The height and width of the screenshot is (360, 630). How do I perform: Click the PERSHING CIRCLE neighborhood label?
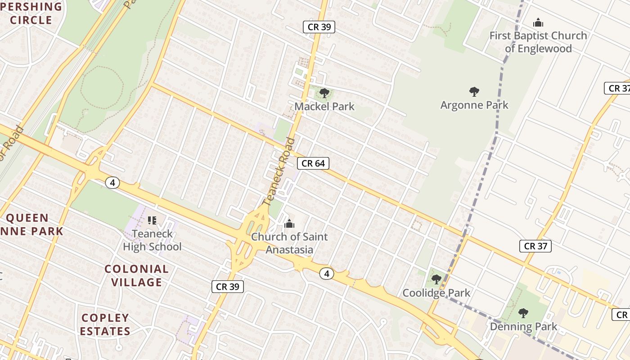click(x=31, y=13)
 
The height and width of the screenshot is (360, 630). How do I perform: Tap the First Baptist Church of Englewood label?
click(x=538, y=42)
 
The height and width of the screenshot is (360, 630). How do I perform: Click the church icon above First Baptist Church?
click(x=538, y=22)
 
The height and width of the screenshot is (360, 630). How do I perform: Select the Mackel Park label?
click(x=324, y=107)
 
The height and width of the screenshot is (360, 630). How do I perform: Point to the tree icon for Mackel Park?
click(x=324, y=93)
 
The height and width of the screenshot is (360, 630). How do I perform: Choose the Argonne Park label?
click(x=474, y=105)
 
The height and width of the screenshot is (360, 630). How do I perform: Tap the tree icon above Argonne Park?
click(x=474, y=92)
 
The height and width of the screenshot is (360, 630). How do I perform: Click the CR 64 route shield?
click(x=313, y=163)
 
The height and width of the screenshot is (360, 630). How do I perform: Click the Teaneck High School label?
click(x=152, y=240)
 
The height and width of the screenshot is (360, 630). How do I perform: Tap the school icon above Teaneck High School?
click(x=152, y=220)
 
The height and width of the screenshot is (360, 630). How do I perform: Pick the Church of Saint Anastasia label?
click(x=289, y=243)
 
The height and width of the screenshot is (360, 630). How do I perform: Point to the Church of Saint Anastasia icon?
click(x=289, y=224)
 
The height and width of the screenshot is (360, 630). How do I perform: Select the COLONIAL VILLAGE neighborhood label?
click(x=136, y=276)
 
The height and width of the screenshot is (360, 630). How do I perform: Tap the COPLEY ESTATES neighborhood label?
click(x=106, y=324)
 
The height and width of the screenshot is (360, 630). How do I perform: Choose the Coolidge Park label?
click(x=436, y=293)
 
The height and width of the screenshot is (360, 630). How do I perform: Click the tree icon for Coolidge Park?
click(x=436, y=279)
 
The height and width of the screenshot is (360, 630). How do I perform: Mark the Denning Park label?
click(x=523, y=326)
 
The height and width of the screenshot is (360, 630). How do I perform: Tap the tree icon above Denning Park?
click(x=523, y=313)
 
